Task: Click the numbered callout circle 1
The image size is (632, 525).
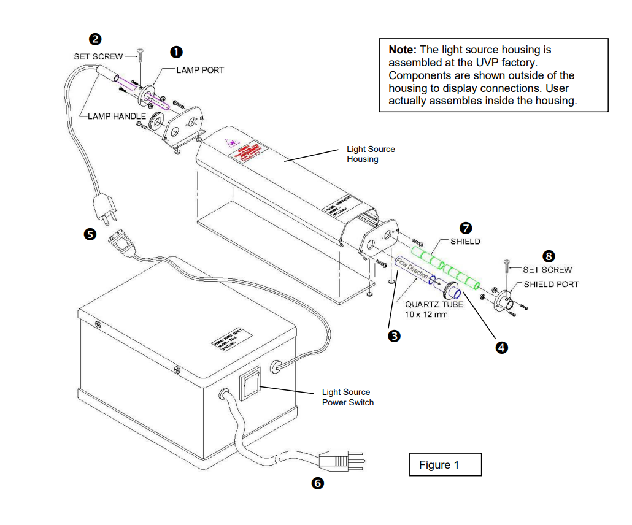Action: click(177, 52)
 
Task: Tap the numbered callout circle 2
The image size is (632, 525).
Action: click(95, 40)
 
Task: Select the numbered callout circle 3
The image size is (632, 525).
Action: click(395, 335)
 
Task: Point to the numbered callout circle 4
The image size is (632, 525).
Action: click(501, 347)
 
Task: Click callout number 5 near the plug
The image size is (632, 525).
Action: click(90, 234)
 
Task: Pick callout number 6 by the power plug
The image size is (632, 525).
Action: click(317, 483)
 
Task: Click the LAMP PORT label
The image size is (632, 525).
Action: click(200, 70)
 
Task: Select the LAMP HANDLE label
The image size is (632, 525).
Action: click(117, 116)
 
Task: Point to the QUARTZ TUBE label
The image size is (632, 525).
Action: click(434, 304)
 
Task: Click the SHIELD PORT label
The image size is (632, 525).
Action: click(550, 284)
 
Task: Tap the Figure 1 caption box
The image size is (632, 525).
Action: click(445, 465)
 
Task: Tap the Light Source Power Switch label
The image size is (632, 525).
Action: click(347, 397)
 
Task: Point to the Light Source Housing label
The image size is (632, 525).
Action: click(371, 154)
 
